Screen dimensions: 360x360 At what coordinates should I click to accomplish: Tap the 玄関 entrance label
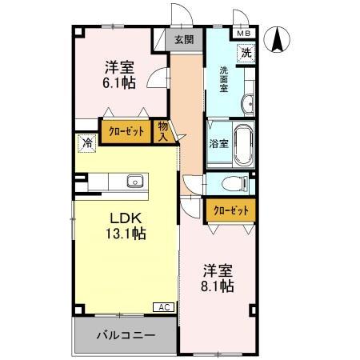point(183,38)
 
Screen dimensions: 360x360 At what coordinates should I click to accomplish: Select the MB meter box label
point(242,34)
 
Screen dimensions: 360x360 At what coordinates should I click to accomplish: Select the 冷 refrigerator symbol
point(85,144)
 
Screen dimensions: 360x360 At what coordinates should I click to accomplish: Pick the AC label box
point(163,307)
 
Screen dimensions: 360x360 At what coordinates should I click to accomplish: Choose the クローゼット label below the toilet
point(230,210)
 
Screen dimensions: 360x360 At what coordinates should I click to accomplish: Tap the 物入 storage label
point(163,130)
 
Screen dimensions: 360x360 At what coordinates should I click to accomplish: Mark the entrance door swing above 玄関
point(180,16)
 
